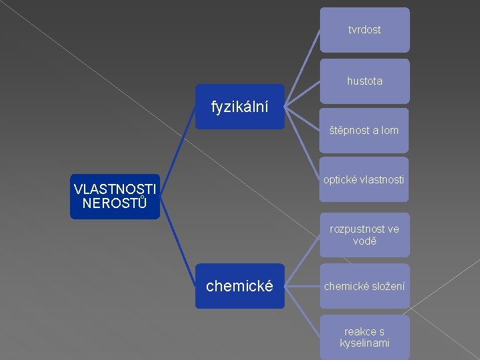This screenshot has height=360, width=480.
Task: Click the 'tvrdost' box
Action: coord(365,30)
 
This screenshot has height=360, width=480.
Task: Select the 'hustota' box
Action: coord(365,81)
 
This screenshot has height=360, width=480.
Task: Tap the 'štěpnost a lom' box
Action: coord(365,130)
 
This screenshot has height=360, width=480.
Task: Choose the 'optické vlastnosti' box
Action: coord(365,179)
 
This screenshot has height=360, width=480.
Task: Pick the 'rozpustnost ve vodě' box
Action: coord(365,235)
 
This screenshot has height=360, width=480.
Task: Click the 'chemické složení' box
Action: coord(365,286)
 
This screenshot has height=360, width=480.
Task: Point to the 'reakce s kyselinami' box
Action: coord(365,337)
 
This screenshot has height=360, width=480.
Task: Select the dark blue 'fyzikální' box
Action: coord(240,106)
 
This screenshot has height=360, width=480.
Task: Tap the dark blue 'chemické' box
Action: coord(240,286)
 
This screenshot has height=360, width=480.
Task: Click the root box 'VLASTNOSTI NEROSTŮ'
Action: coord(115,196)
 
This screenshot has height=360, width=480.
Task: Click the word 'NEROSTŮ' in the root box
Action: coord(115,203)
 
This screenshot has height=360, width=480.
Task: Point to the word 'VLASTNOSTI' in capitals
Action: coord(115,189)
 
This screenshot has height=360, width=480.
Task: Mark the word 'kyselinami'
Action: coord(365,343)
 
